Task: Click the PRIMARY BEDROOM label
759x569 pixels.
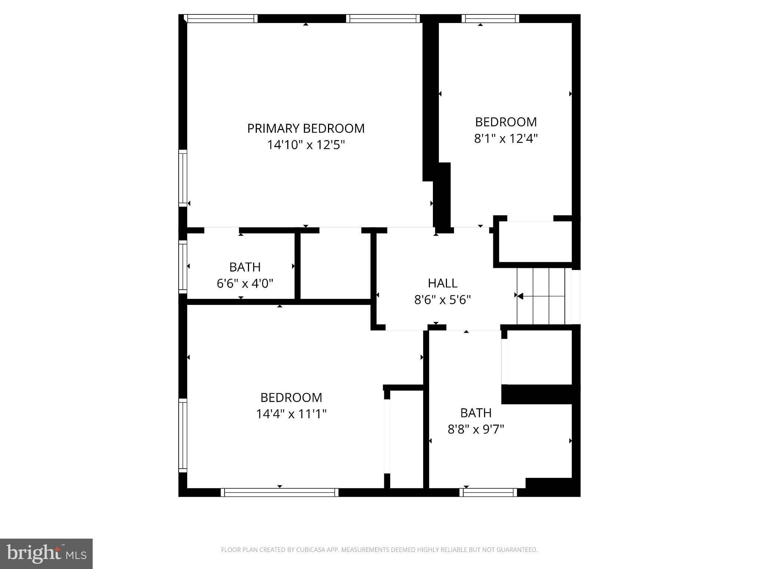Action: click(306, 128)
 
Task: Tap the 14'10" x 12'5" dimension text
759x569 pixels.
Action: click(306, 145)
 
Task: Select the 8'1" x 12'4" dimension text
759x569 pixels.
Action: click(506, 139)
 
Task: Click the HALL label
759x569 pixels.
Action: click(443, 283)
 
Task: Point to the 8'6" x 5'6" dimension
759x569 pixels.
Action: click(443, 300)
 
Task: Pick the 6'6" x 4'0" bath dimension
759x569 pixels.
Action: click(245, 284)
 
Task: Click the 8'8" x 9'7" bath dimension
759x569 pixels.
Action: click(476, 429)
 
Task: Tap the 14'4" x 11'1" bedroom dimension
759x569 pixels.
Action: click(291, 414)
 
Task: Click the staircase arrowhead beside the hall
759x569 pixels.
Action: click(520, 296)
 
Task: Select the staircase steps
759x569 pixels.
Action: click(541, 296)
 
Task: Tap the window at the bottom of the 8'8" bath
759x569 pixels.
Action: click(488, 492)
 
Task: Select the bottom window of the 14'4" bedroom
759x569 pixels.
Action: click(280, 492)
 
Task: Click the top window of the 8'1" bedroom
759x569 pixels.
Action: click(490, 19)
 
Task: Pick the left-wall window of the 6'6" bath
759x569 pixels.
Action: click(183, 266)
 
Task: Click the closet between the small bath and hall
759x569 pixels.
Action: click(335, 266)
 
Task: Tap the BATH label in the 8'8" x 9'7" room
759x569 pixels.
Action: click(476, 413)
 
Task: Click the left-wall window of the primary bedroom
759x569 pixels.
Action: click(183, 178)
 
